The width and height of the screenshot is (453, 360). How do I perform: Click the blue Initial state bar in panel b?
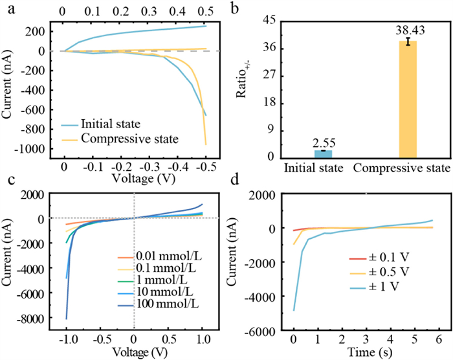click(323, 154)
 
